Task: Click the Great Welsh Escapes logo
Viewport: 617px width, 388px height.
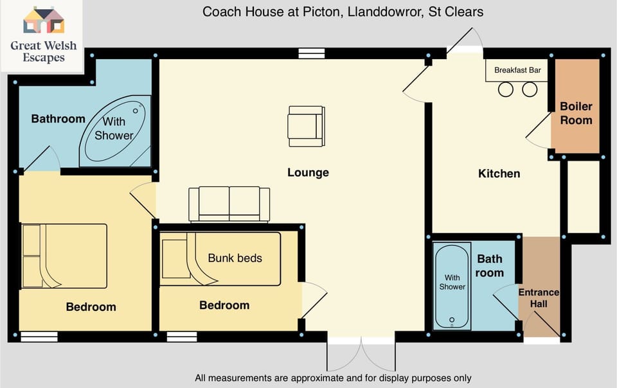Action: [42, 36]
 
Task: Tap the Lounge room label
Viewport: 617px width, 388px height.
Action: [308, 172]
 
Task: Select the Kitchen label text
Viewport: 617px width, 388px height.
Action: [499, 173]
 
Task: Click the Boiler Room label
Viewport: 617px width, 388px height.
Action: [576, 113]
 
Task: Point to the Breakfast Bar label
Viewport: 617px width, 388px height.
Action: [517, 70]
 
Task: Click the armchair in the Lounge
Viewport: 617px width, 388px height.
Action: [305, 126]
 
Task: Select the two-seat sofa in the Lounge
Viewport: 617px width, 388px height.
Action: [229, 204]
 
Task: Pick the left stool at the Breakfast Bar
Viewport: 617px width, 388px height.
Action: [506, 89]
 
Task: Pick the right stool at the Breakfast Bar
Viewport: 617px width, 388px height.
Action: [529, 89]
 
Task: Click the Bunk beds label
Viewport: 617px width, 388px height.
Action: [235, 258]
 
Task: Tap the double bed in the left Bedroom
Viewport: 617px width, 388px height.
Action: [64, 256]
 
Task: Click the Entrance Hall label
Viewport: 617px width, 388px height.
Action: [539, 298]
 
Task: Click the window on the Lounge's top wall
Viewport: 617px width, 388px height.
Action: [311, 54]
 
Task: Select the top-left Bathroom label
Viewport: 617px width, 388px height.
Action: [58, 119]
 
